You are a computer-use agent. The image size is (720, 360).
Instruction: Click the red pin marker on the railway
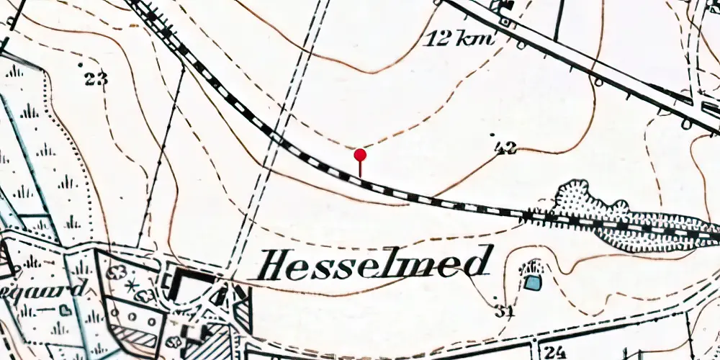360,155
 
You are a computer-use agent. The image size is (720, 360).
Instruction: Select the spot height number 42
506,148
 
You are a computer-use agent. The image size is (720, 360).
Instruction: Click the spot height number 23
95,78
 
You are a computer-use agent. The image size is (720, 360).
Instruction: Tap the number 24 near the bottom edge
553,352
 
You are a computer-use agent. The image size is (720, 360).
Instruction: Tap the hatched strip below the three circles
134,338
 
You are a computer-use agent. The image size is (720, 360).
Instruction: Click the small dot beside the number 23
81,66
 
